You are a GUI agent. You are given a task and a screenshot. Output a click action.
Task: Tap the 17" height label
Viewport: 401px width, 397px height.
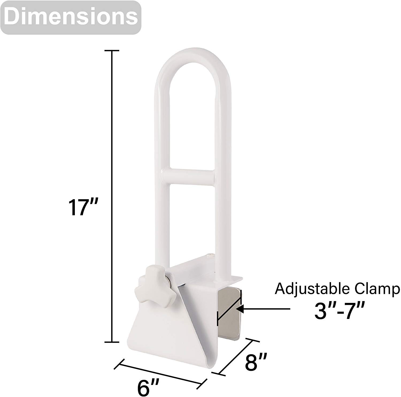click(80, 207)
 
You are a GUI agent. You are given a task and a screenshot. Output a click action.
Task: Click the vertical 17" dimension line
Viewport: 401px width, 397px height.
click(111, 134)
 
